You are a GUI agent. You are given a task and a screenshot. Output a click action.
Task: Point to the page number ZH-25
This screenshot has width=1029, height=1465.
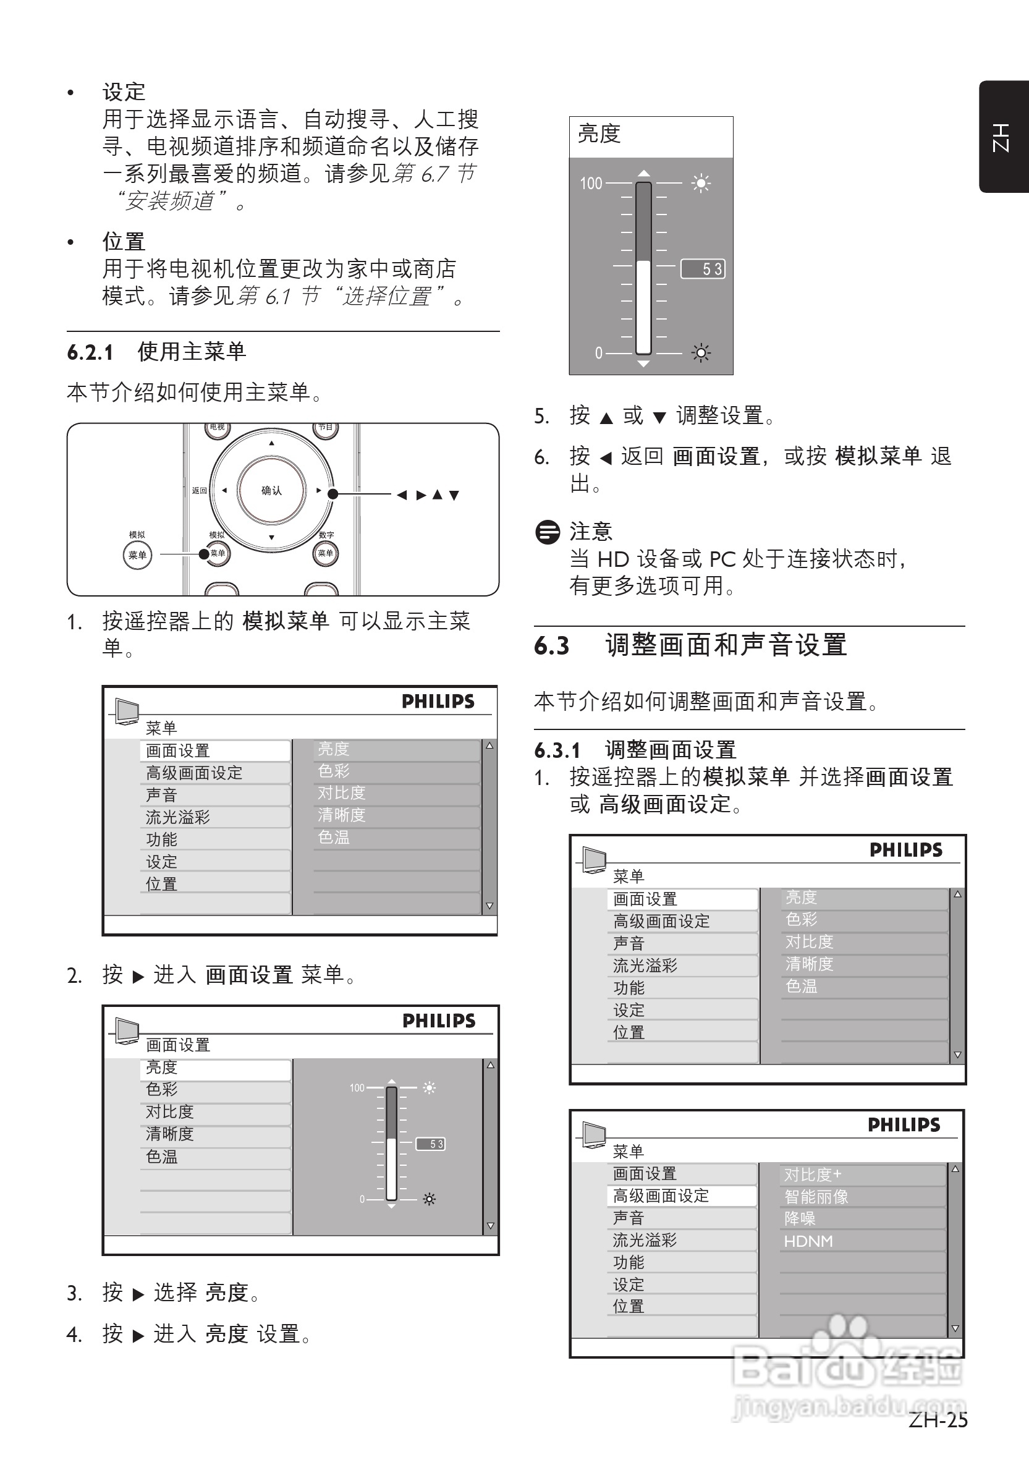coord(938,1419)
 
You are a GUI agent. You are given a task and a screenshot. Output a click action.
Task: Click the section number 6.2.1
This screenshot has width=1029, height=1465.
coord(90,352)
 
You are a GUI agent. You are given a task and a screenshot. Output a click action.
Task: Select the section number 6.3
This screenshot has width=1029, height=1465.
coord(551,646)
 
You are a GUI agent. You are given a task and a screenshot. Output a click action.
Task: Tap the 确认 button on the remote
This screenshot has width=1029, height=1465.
coord(271,490)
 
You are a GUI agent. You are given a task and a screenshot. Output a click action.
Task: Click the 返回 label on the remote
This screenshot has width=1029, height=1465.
coord(199,491)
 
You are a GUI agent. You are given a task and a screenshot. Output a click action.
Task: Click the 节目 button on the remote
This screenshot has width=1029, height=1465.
coord(325,428)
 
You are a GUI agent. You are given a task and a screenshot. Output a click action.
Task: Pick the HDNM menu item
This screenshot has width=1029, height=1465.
coord(808,1241)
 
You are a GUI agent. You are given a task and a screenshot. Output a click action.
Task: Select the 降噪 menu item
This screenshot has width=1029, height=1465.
coord(800,1219)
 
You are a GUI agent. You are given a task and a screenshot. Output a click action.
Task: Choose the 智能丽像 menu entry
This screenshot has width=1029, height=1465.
coord(816,1196)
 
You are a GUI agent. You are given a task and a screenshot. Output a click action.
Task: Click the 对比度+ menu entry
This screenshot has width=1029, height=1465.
coord(813,1174)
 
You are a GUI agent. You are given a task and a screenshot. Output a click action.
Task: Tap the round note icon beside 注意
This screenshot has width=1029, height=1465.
coord(548,532)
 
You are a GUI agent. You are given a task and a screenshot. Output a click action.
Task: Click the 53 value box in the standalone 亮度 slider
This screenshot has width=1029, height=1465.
coord(703,269)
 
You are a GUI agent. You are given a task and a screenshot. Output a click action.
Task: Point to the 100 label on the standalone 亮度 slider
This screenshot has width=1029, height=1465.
coord(591,184)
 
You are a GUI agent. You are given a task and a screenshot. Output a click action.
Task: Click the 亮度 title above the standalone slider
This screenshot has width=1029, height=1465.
coord(599,134)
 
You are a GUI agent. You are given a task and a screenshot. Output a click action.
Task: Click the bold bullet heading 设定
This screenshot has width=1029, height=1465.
coord(124,92)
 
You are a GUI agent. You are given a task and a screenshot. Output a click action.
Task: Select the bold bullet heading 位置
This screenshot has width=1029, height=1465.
coord(124,242)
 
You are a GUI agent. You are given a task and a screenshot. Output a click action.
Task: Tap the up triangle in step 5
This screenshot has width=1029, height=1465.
coord(606,418)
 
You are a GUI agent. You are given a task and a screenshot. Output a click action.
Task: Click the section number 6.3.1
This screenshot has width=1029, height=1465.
coord(557,750)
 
